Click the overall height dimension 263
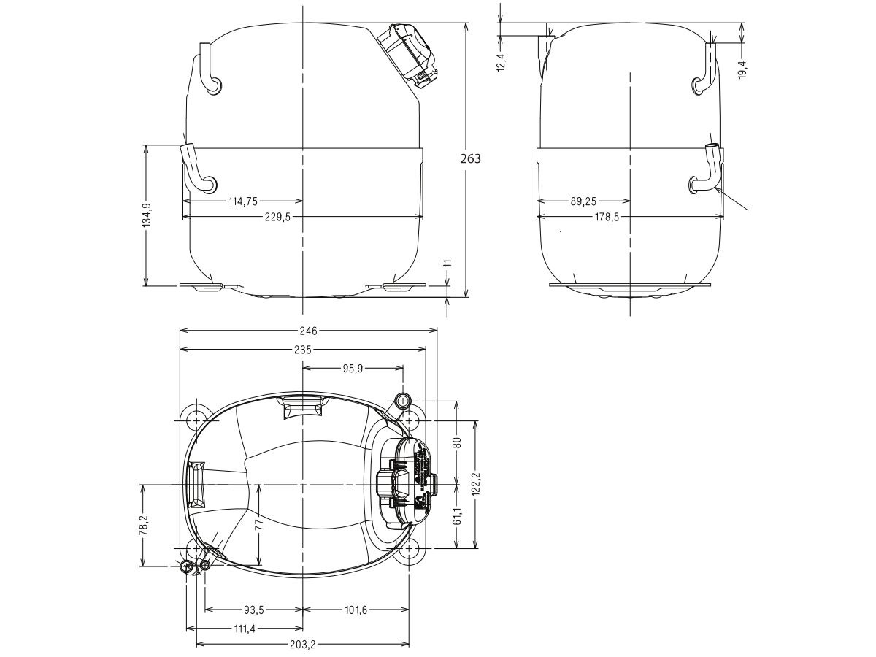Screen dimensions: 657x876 pyautogui.click(x=472, y=158)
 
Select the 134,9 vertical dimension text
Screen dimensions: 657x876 pyautogui.click(x=146, y=215)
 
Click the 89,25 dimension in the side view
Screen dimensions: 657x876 pyautogui.click(x=583, y=200)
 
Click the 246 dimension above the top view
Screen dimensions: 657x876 pyautogui.click(x=309, y=331)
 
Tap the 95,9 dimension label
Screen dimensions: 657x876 pyautogui.click(x=353, y=369)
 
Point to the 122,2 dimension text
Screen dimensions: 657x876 pyautogui.click(x=476, y=483)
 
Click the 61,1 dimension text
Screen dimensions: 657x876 pyautogui.click(x=457, y=517)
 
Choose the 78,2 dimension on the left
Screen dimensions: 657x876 pyautogui.click(x=143, y=525)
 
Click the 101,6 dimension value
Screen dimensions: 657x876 pyautogui.click(x=353, y=610)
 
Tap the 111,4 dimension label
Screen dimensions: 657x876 pyautogui.click(x=245, y=628)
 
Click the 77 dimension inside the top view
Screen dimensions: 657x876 pyautogui.click(x=258, y=525)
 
